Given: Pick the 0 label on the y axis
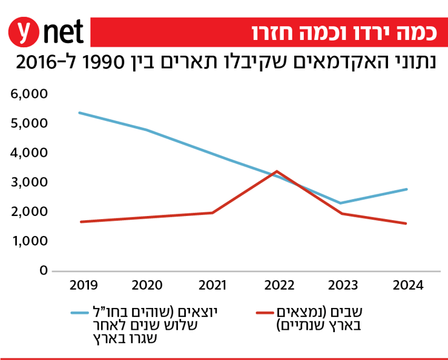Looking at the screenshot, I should coord(43,270).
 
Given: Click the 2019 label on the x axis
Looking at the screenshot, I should coord(81,286).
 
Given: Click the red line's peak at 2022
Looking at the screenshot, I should coord(277,171).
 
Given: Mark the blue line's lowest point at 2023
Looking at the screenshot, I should coord(342,203).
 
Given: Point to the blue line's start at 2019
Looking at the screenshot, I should coord(80,113).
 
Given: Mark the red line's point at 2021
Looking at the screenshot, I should coord(212,212).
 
